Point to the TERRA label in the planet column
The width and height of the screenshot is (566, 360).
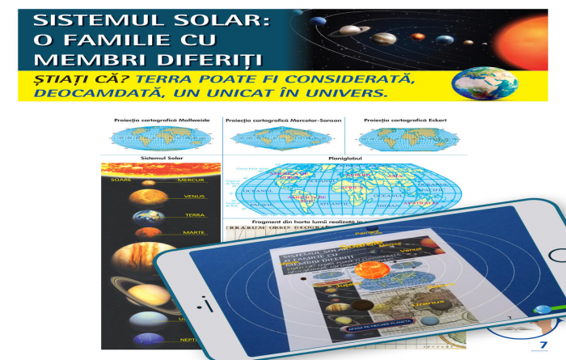194,215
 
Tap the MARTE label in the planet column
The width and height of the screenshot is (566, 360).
194,233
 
